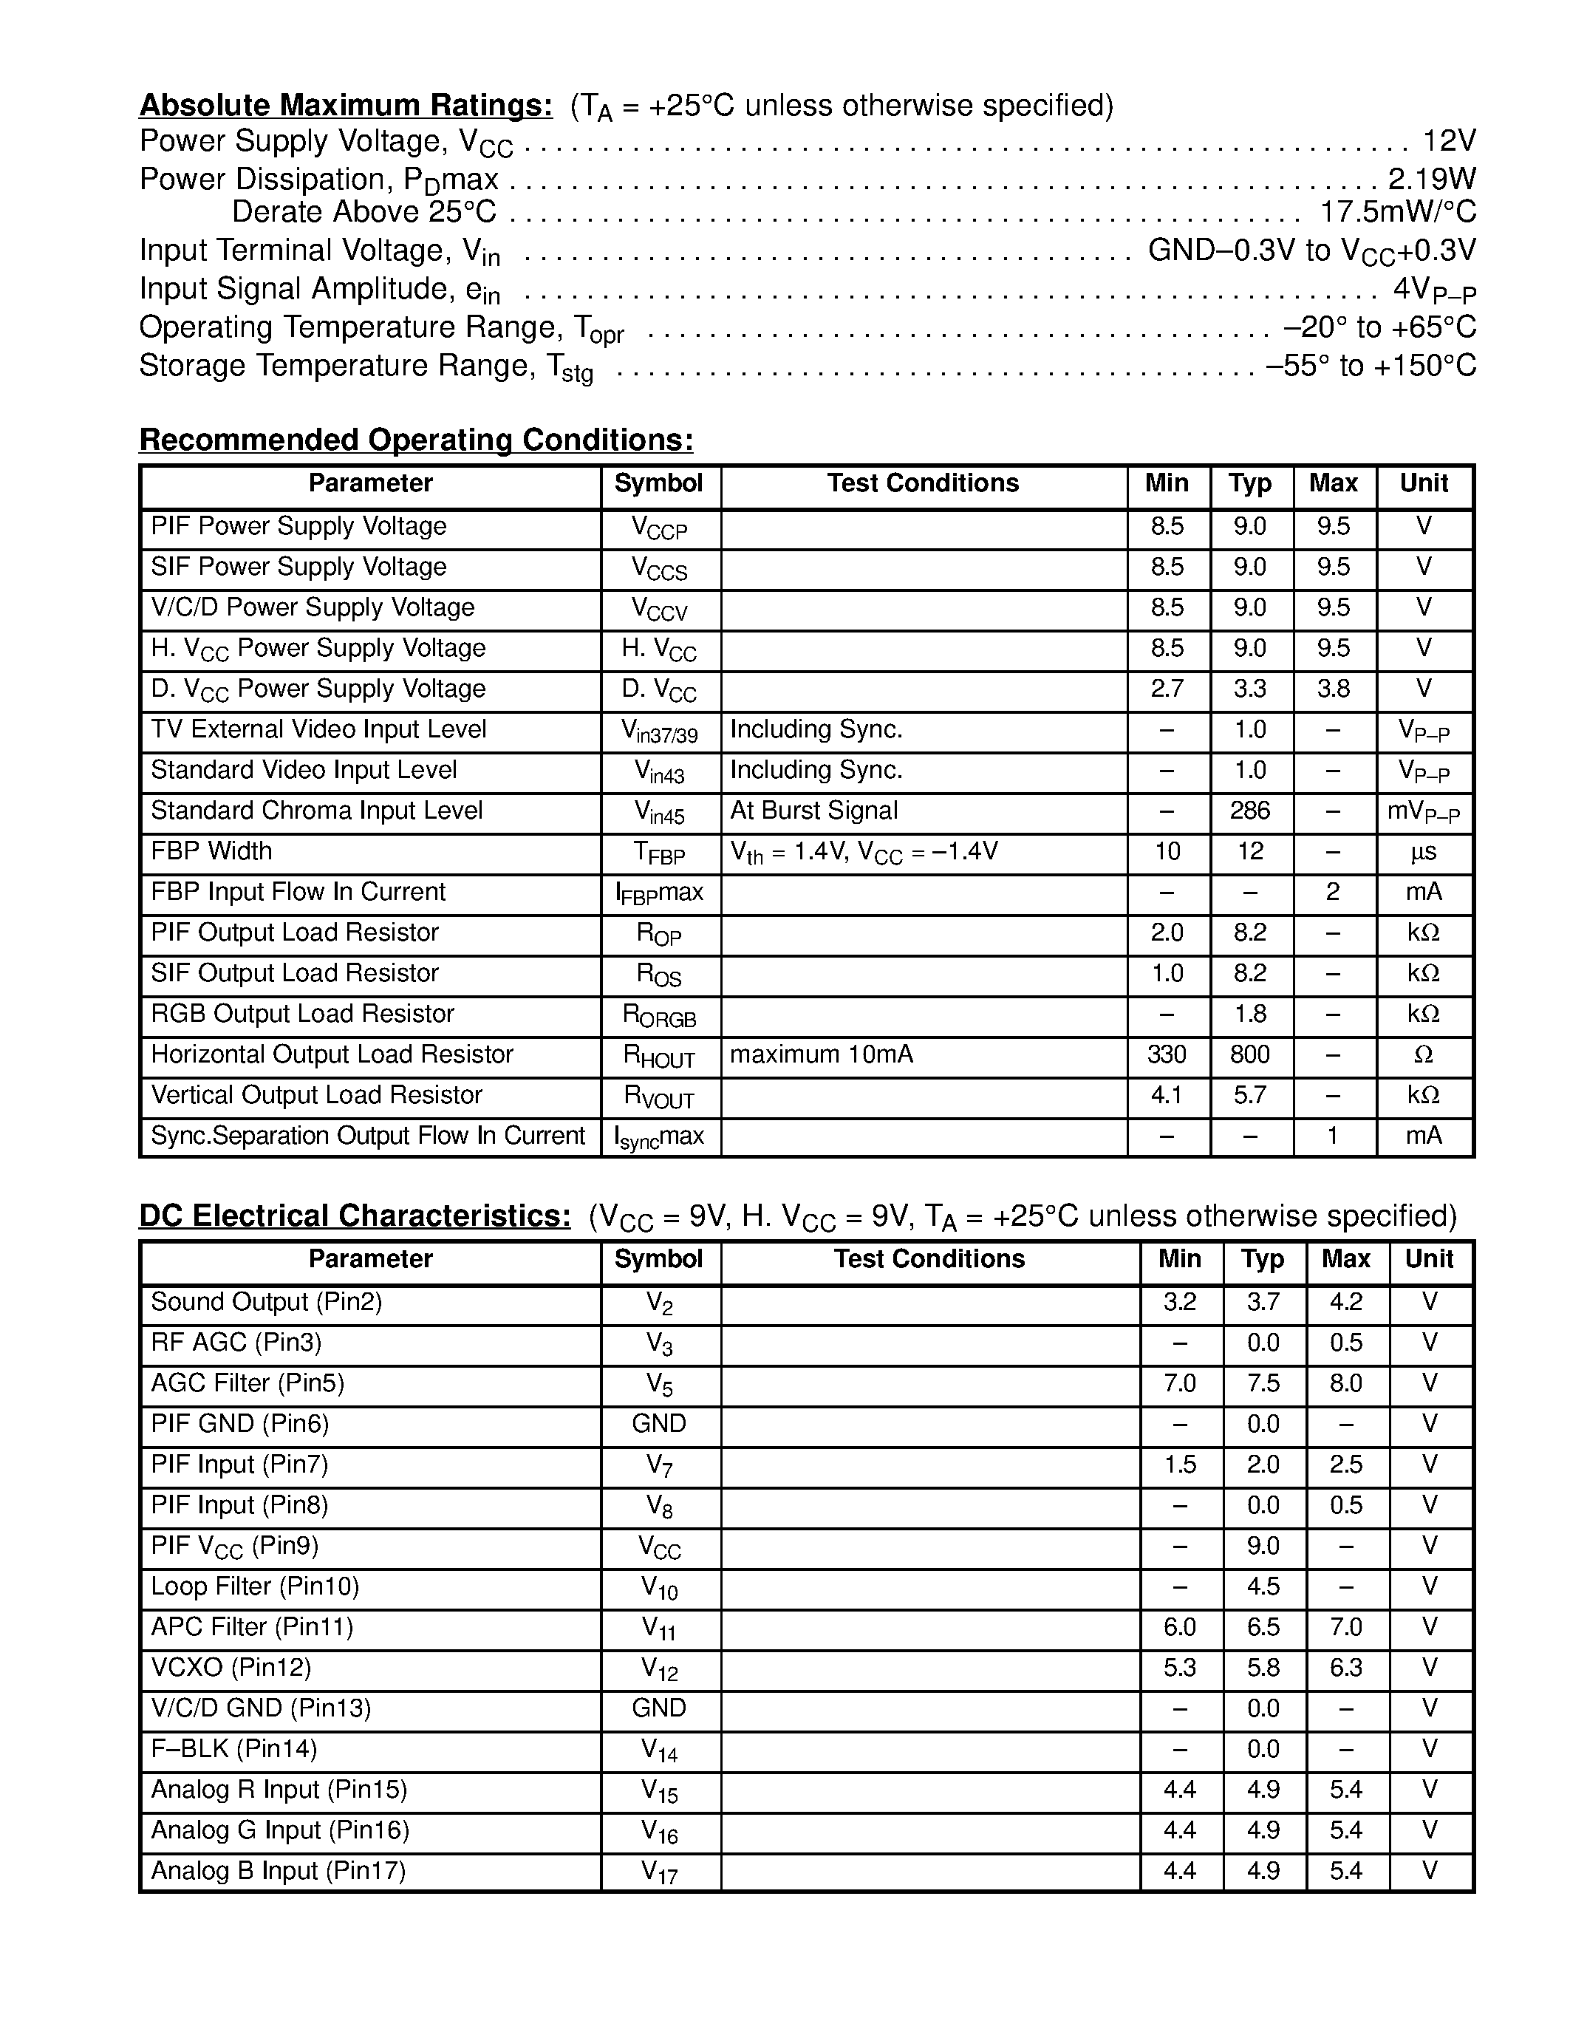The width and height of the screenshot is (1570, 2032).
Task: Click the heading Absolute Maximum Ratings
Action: [x=345, y=105]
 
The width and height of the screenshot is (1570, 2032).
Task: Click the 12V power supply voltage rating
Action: [x=1449, y=140]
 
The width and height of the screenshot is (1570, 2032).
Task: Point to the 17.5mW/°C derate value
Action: [x=1398, y=212]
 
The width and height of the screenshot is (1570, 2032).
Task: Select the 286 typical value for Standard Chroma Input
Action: [x=1250, y=811]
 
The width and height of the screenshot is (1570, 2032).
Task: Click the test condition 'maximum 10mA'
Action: [x=822, y=1054]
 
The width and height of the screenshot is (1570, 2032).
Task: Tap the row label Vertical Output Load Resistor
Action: [x=316, y=1095]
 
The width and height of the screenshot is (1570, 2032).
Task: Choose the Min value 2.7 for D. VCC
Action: [x=1167, y=689]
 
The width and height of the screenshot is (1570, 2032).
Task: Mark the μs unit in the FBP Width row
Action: [x=1423, y=851]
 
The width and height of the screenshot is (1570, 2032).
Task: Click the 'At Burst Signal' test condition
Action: [x=814, y=811]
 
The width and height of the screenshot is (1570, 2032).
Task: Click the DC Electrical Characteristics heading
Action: [x=355, y=1215]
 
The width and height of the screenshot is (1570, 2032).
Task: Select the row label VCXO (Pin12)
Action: [x=231, y=1667]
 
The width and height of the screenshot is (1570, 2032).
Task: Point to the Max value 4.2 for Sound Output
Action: [x=1346, y=1302]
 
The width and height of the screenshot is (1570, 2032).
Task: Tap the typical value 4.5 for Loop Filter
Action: [x=1263, y=1586]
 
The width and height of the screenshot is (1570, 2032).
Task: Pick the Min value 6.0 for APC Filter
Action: [x=1179, y=1627]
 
